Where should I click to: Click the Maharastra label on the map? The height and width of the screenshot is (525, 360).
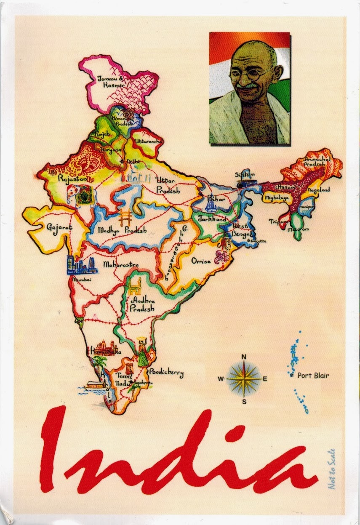[x=121, y=265]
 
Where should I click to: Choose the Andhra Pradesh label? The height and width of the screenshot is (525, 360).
[x=143, y=304]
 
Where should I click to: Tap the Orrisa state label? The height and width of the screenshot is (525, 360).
[x=201, y=261]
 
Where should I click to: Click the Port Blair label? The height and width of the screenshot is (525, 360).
[x=313, y=376]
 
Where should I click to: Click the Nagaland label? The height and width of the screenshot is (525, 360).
[x=319, y=190]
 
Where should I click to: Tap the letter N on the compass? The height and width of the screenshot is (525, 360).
[x=243, y=357]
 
